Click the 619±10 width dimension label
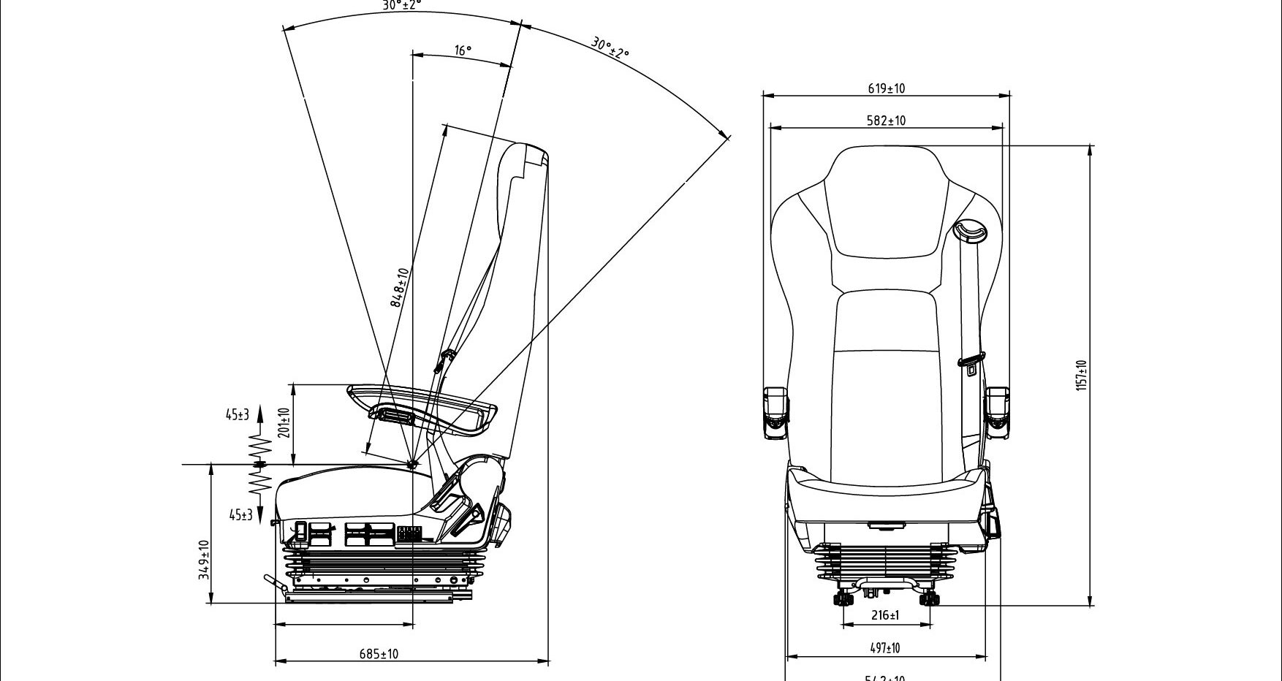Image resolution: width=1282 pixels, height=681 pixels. tap(887, 88)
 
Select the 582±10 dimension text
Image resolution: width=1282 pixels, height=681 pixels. tap(886, 121)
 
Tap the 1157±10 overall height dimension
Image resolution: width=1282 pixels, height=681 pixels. tap(1082, 375)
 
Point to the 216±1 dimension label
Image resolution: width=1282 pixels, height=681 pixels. tap(885, 615)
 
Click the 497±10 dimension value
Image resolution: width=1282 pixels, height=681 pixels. tap(885, 648)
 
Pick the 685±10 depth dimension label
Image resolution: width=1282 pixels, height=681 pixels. tap(379, 654)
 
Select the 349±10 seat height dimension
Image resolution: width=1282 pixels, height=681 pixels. tap(205, 560)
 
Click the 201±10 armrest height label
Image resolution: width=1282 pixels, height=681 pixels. tap(285, 422)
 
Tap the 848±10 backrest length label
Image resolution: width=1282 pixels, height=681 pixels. tap(400, 287)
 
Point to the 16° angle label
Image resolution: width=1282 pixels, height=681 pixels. tap(463, 50)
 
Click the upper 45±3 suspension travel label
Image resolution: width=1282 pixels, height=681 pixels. tap(237, 415)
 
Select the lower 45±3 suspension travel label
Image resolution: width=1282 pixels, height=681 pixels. tap(240, 515)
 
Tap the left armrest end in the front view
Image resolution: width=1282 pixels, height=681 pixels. tap(775, 413)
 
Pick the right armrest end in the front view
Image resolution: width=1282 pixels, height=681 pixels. tap(998, 413)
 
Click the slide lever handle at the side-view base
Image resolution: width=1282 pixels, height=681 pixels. tap(274, 582)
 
